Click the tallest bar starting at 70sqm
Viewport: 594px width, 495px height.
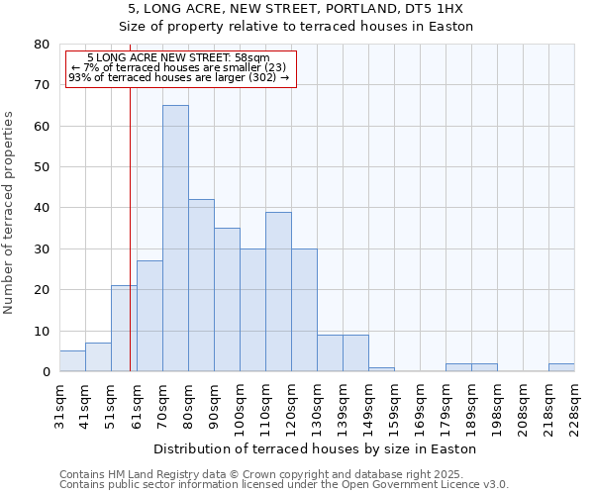coord(175,238)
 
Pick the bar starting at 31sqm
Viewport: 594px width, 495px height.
coord(72,361)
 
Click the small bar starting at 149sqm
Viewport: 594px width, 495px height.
coord(381,369)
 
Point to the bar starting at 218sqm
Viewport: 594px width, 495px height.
coord(561,367)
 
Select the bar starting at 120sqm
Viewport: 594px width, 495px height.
coord(304,310)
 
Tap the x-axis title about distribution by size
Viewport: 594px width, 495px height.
coord(316,448)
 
